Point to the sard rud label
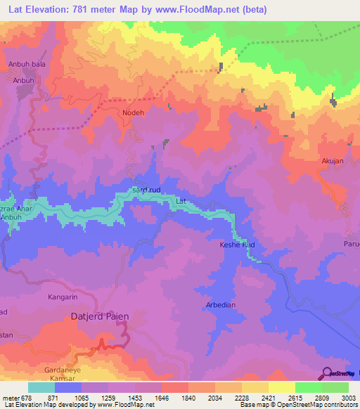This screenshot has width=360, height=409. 147,190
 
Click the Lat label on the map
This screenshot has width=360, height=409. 181,202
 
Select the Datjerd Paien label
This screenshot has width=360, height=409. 100,317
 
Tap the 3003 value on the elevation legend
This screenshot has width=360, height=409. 340,397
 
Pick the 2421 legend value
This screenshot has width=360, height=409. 258,397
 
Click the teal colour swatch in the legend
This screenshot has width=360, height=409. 41,387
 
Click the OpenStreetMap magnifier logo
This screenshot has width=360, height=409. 328,373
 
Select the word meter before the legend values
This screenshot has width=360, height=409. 11,397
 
